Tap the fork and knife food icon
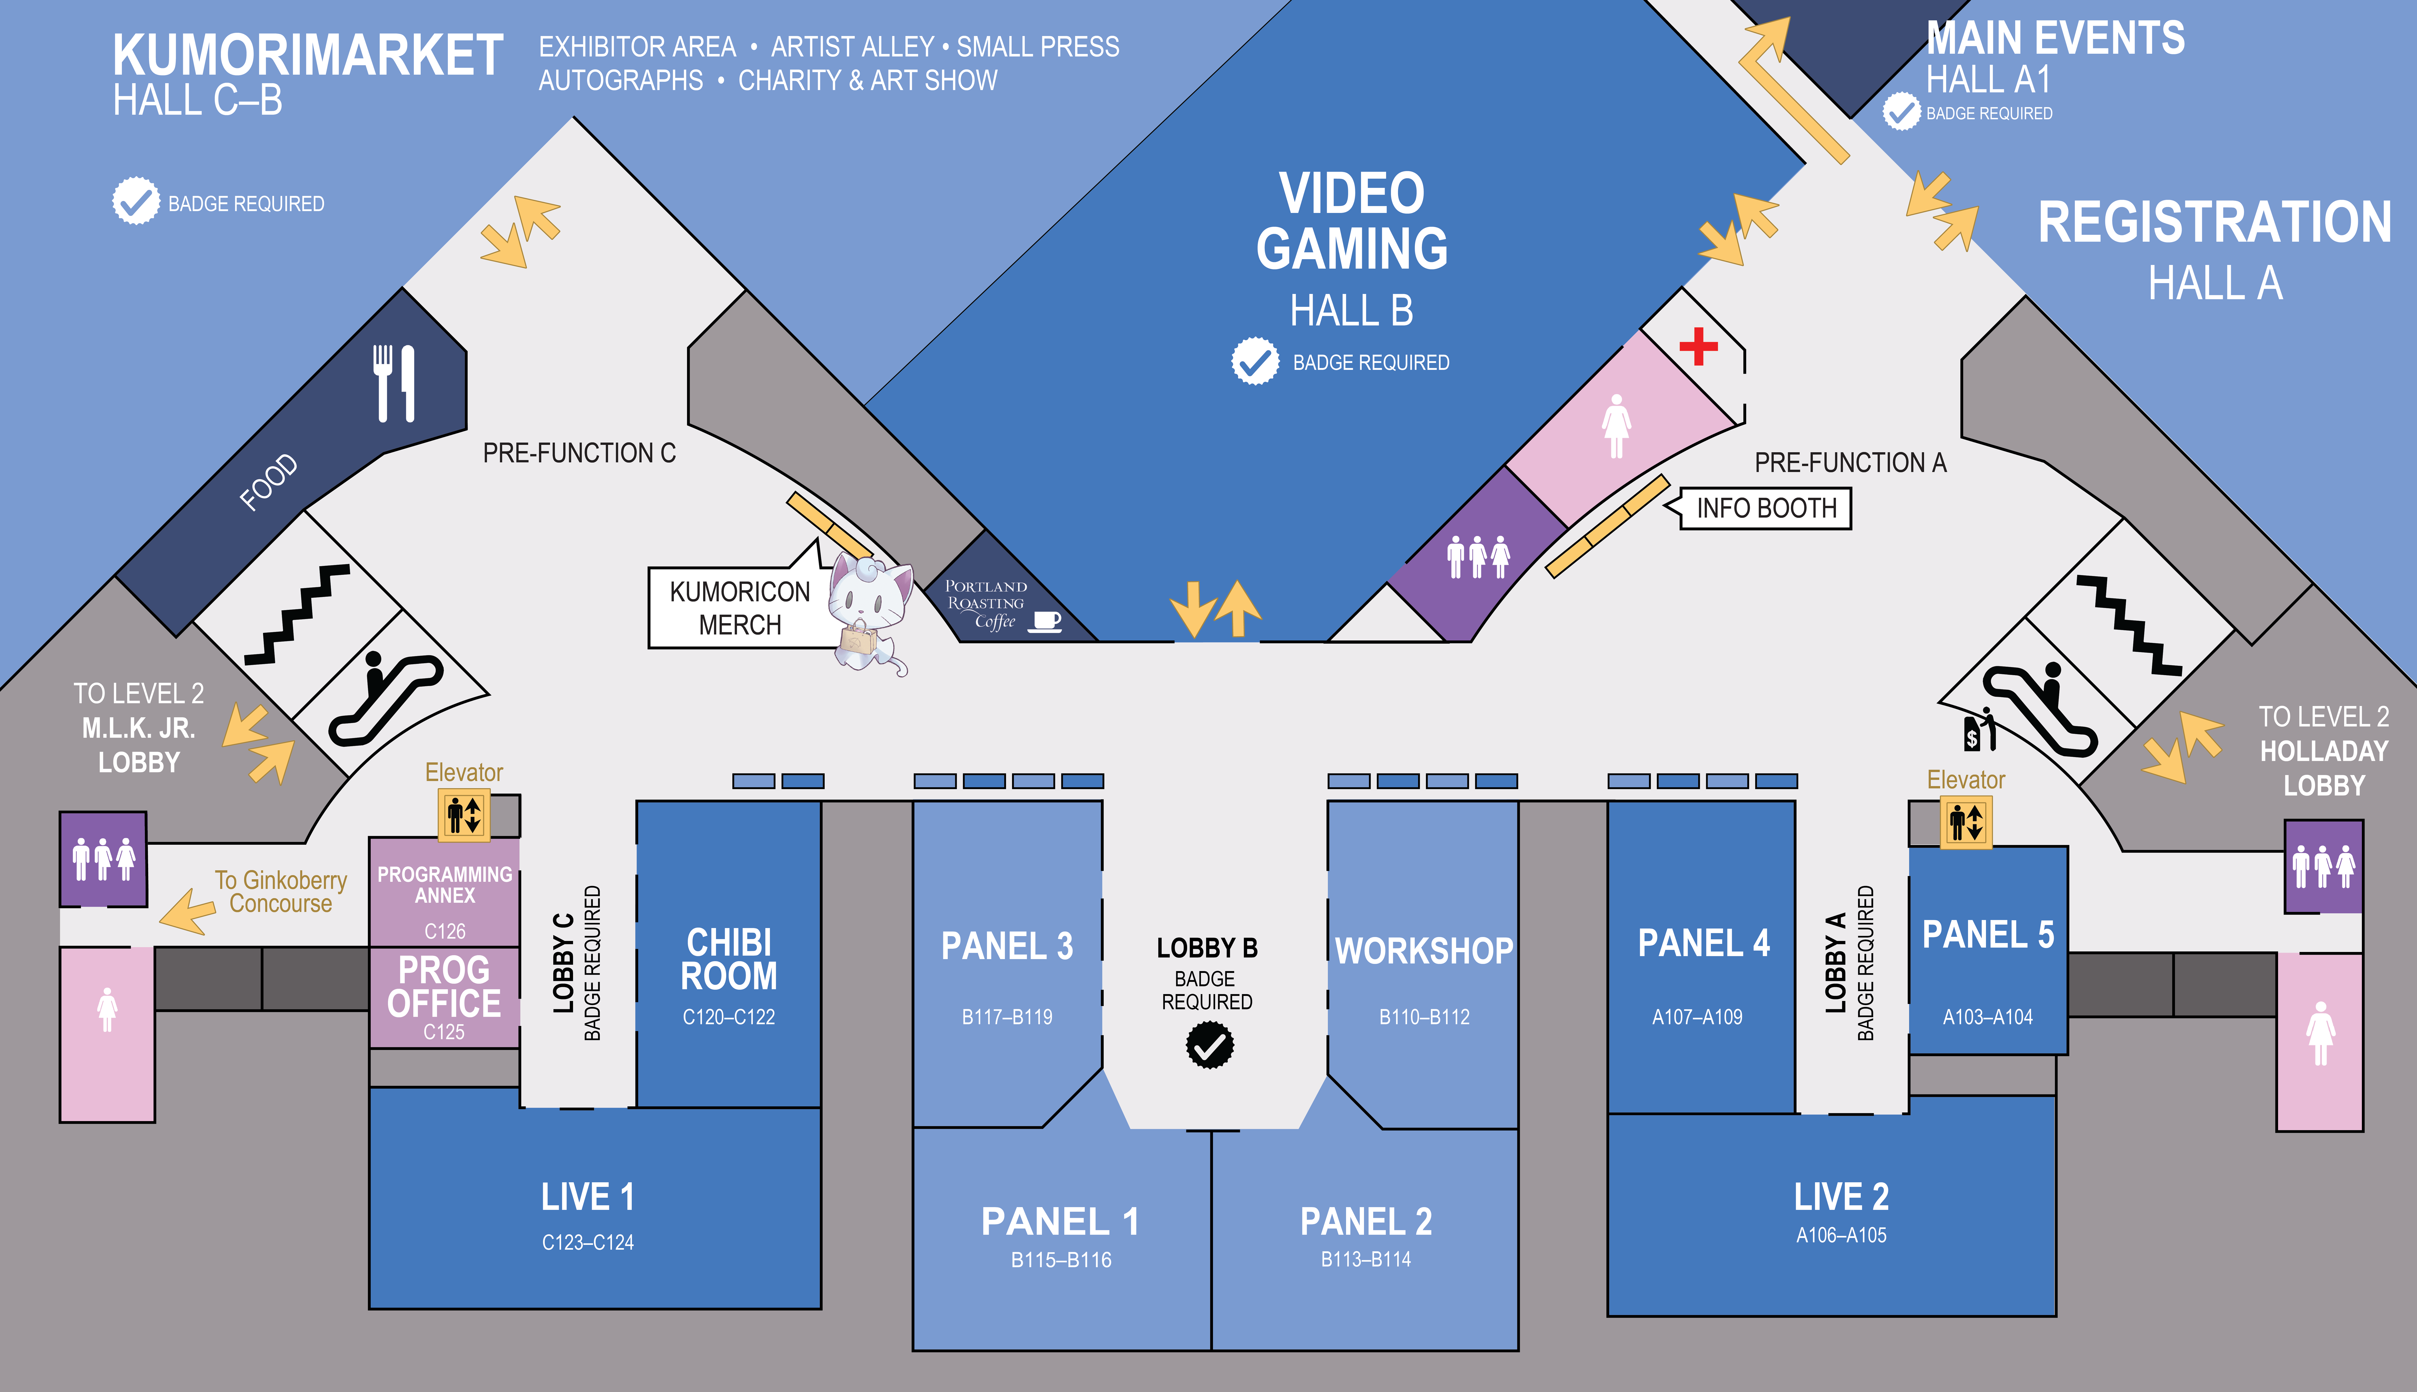[x=394, y=383]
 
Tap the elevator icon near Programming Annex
[x=464, y=815]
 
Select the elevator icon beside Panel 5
[x=1966, y=822]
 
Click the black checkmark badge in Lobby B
[x=1209, y=1045]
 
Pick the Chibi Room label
[x=729, y=959]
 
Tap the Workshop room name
[x=1423, y=951]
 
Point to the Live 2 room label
[x=1840, y=1197]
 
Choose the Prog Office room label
[x=444, y=986]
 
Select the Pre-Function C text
[x=579, y=453]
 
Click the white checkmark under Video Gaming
[x=1254, y=361]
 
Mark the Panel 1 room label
[x=1060, y=1222]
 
